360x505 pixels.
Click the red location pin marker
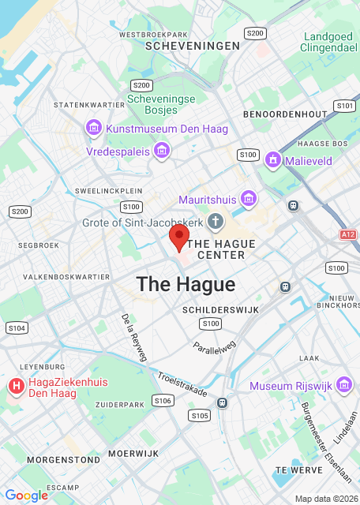[180, 236]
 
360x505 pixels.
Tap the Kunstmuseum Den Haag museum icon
[94, 128]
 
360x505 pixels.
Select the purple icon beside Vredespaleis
[162, 150]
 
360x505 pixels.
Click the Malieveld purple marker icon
[273, 160]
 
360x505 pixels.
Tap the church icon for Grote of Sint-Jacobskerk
[214, 222]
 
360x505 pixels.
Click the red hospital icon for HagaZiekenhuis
[15, 386]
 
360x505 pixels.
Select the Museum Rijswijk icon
[343, 385]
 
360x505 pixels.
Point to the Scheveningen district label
[193, 47]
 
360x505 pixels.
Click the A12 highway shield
[349, 234]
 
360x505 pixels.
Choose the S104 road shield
[16, 327]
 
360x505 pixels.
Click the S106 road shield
[163, 401]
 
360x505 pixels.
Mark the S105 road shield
[200, 415]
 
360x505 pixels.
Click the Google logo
[26, 495]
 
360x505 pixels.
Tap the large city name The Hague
[186, 285]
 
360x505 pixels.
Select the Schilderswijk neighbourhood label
[220, 310]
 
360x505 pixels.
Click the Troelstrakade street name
[182, 384]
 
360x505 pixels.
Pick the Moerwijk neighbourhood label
[133, 454]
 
